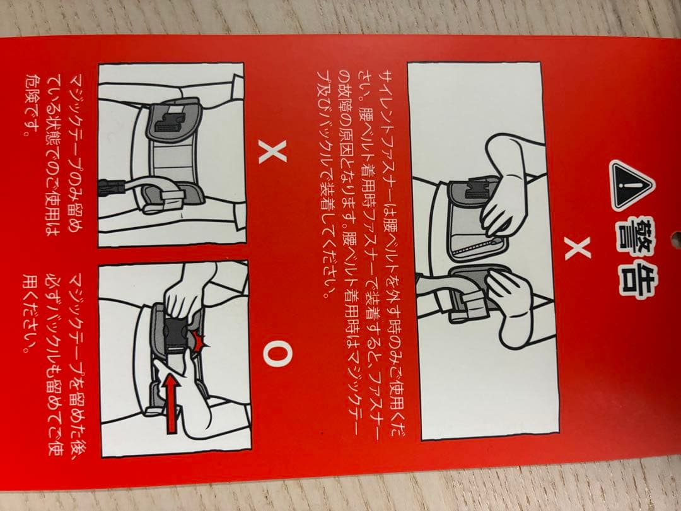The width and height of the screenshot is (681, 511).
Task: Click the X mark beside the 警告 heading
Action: (x=578, y=249)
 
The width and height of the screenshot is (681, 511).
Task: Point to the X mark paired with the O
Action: (x=272, y=152)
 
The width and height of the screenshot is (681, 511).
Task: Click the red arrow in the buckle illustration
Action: (x=172, y=404)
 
